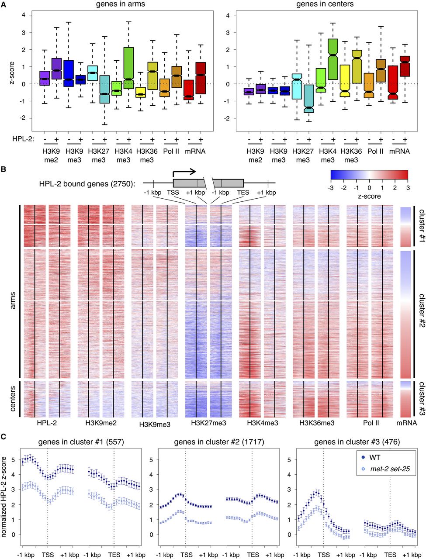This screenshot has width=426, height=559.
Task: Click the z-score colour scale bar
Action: (x=369, y=175)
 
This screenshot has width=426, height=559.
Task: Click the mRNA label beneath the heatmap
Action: (x=406, y=423)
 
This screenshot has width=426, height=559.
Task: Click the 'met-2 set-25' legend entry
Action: (x=384, y=469)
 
